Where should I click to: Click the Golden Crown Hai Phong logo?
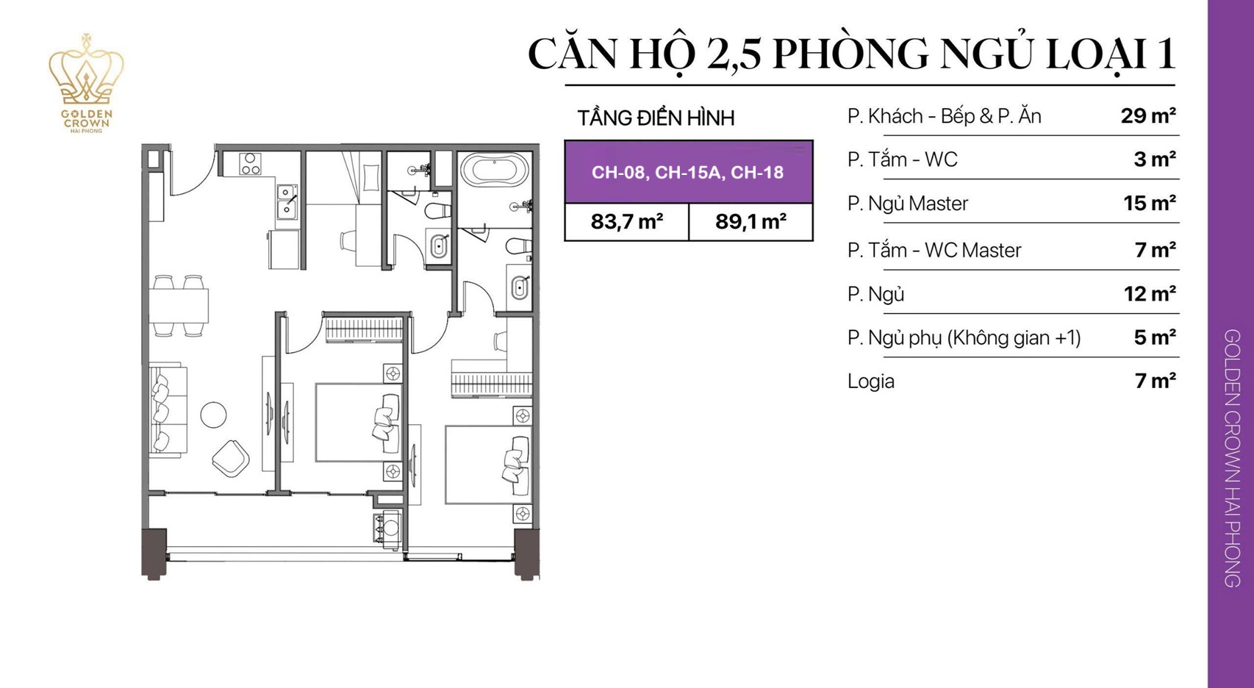pyautogui.click(x=87, y=83)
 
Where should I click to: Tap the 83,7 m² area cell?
pyautogui.click(x=626, y=221)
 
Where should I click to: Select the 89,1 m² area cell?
pyautogui.click(x=750, y=221)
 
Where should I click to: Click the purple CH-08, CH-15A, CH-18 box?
pyautogui.click(x=688, y=172)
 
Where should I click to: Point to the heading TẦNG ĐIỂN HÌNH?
pyautogui.click(x=656, y=118)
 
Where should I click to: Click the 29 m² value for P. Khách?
pyautogui.click(x=1147, y=116)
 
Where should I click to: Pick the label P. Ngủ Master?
pyautogui.click(x=907, y=204)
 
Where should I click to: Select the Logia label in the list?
pyautogui.click(x=870, y=381)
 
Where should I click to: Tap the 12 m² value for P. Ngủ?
pyautogui.click(x=1149, y=294)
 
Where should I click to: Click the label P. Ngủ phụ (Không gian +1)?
pyautogui.click(x=963, y=337)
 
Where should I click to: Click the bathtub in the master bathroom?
pyautogui.click(x=495, y=171)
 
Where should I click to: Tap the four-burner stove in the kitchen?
pyautogui.click(x=250, y=163)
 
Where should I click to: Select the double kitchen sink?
pyautogui.click(x=287, y=202)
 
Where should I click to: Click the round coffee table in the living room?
pyautogui.click(x=214, y=415)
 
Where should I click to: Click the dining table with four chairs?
pyautogui.click(x=179, y=306)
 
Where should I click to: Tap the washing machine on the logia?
pyautogui.click(x=388, y=528)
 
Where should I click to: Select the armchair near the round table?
pyautogui.click(x=231, y=458)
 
